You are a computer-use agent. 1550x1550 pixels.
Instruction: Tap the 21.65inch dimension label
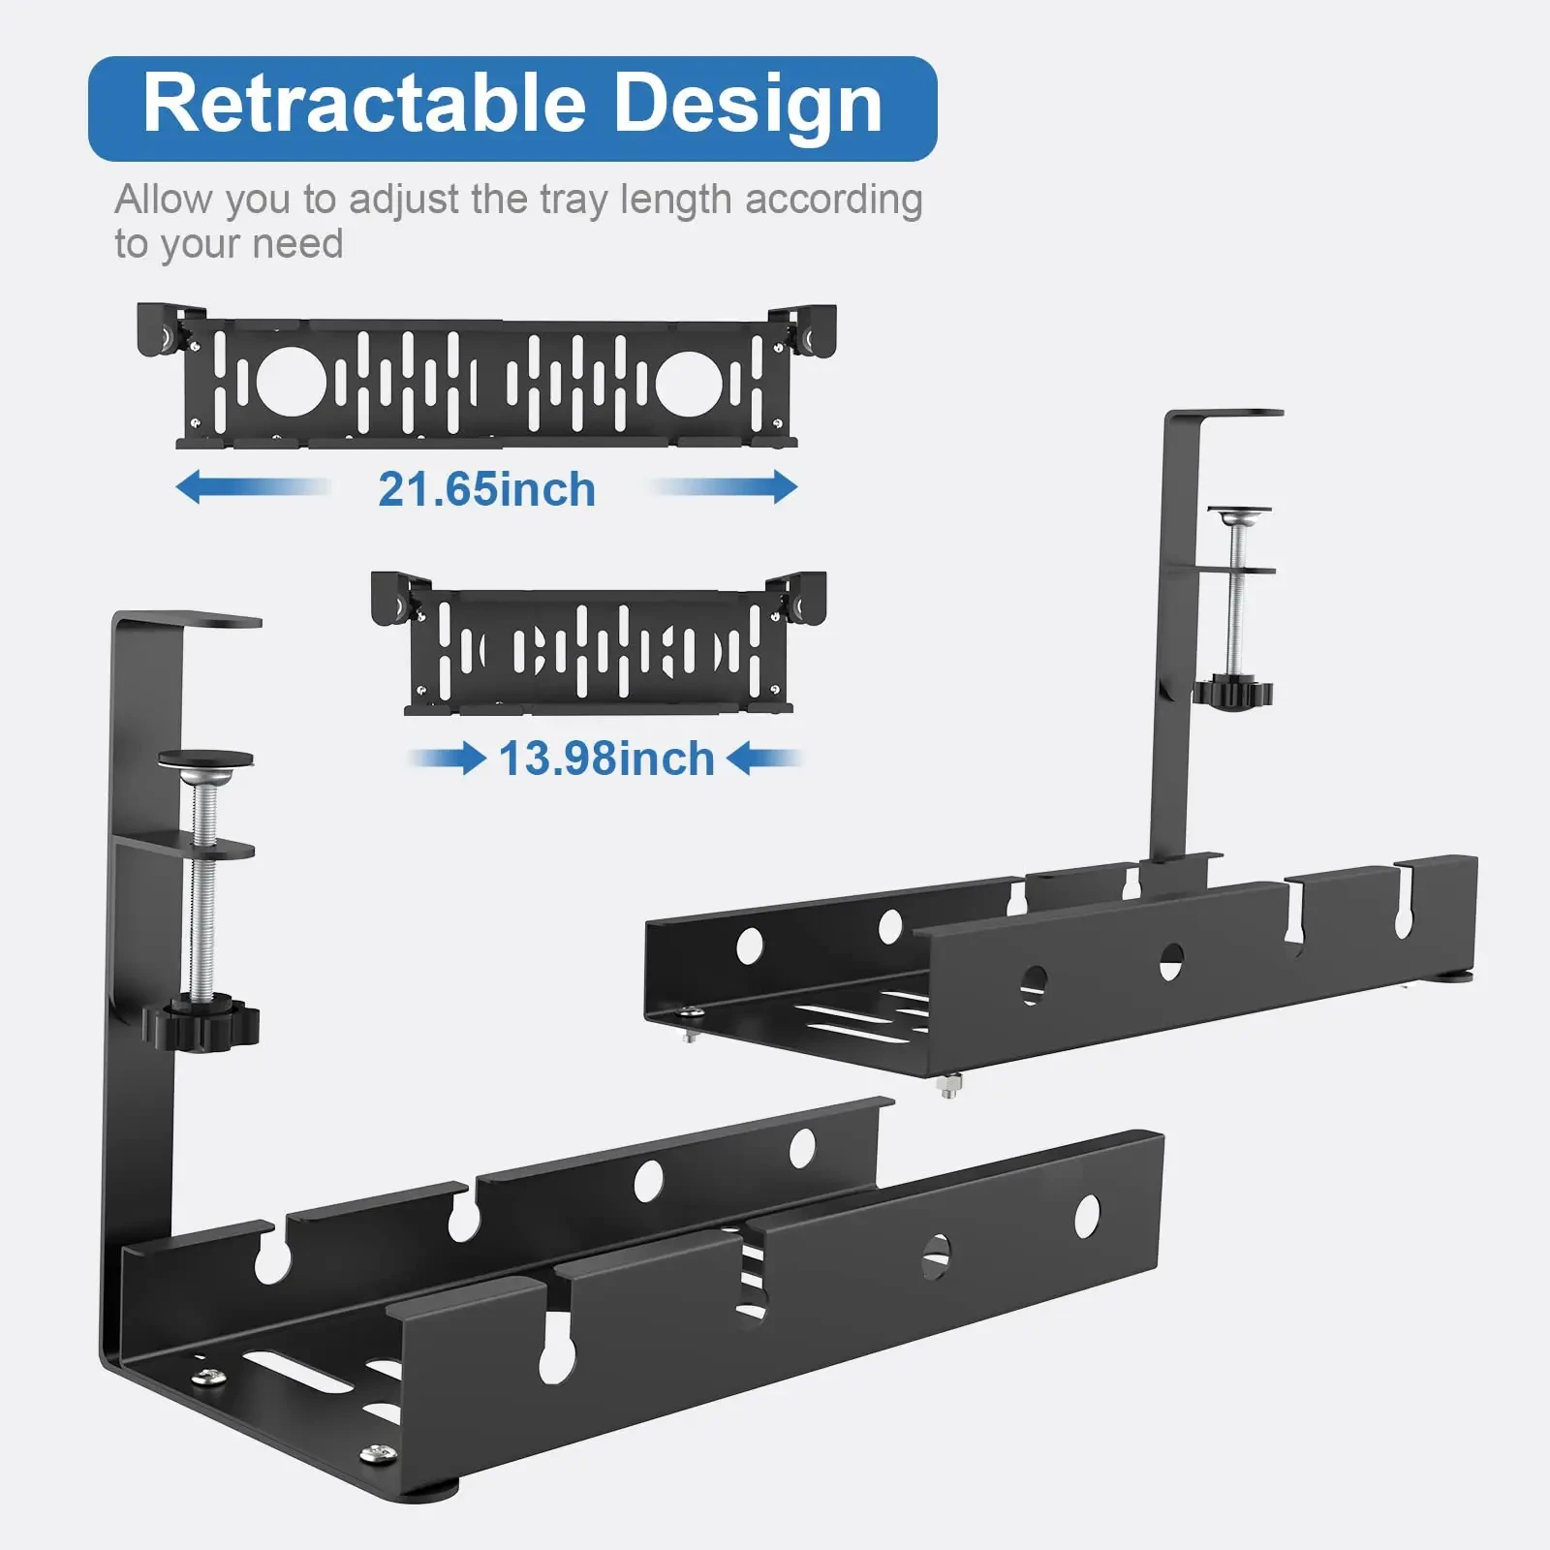[x=486, y=489]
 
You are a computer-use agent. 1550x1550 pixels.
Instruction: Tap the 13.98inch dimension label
[x=606, y=759]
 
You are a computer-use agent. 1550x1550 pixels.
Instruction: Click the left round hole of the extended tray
[x=287, y=381]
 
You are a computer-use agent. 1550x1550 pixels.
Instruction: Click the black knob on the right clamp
[x=1232, y=692]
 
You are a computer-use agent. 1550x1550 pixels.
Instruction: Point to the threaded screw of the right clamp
[x=1234, y=601]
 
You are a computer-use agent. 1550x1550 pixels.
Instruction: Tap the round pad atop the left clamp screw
[x=206, y=759]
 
